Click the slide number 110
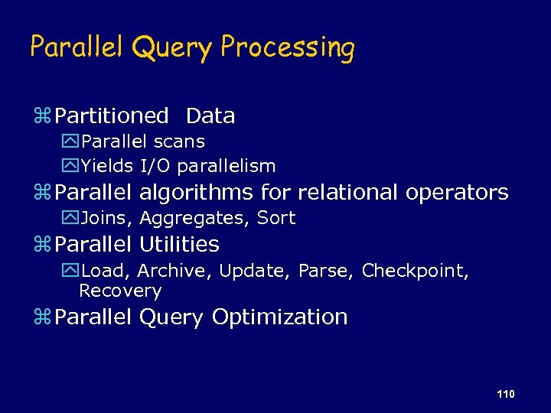tap(505, 394)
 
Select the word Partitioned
tap(112, 116)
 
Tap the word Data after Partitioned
tap(210, 116)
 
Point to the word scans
tap(179, 141)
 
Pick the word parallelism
tap(227, 166)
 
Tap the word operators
tap(457, 192)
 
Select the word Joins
tap(107, 218)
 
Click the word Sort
tap(276, 218)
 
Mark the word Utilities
tap(179, 245)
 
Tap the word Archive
tap(175, 271)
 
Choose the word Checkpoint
tap(414, 271)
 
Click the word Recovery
tap(120, 291)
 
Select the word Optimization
tap(279, 317)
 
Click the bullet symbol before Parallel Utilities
tap(42, 246)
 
